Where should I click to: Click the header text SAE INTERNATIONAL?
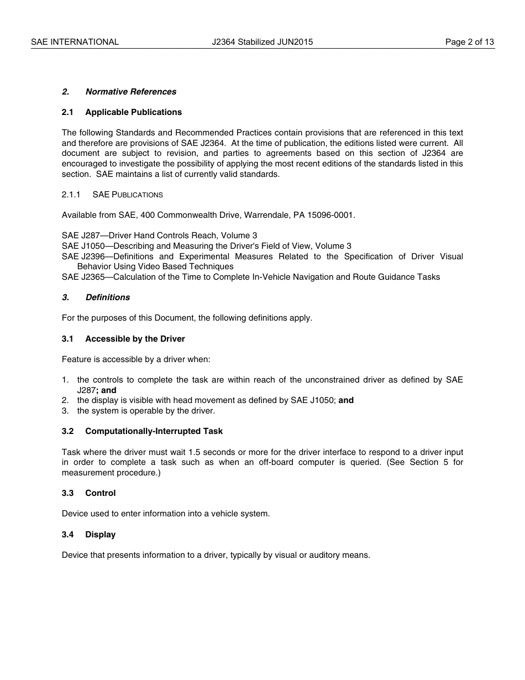(75, 42)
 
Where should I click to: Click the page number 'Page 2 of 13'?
(469, 42)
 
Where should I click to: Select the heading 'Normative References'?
(131, 92)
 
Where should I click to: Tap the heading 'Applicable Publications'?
(133, 112)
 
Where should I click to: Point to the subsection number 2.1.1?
(71, 195)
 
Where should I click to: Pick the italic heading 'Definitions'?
(108, 297)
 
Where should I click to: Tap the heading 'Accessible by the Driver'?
(135, 339)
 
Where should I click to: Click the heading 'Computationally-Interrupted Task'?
(154, 431)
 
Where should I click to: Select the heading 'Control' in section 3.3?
(101, 493)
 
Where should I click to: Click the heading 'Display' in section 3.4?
(101, 535)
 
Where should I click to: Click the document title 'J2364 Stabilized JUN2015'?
(262, 42)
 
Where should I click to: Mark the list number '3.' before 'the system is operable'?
(65, 411)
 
